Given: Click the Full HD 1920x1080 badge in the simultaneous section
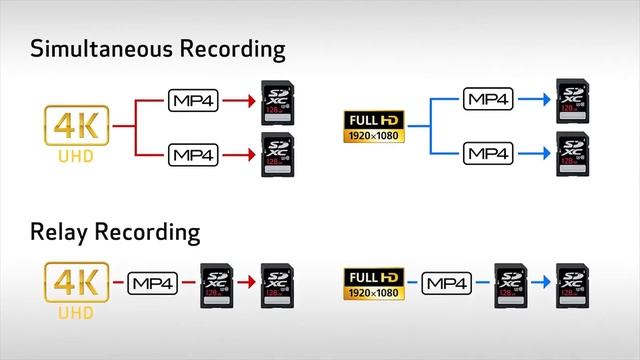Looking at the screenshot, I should point(375,126).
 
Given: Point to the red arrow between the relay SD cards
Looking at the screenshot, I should point(246,283).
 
